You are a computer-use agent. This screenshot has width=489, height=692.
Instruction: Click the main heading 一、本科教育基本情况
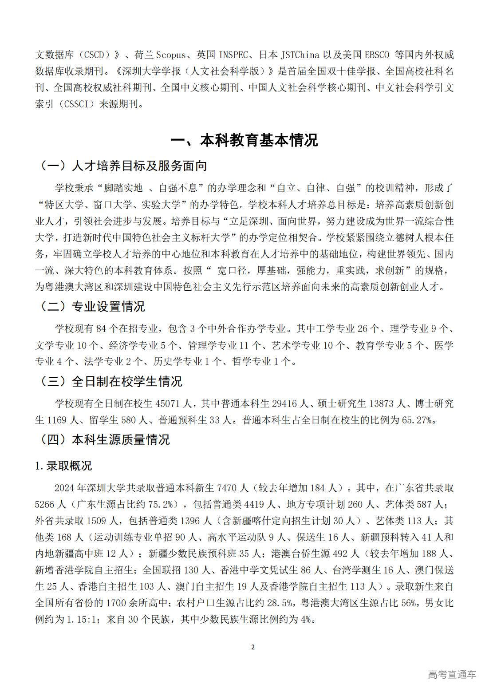[x=244, y=140]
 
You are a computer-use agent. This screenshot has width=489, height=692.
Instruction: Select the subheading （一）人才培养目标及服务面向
[x=123, y=166]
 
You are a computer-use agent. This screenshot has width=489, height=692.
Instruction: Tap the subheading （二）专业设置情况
[x=92, y=306]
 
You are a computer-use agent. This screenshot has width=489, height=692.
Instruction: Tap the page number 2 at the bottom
[x=253, y=647]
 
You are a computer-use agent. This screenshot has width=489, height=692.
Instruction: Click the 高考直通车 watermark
[x=452, y=675]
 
